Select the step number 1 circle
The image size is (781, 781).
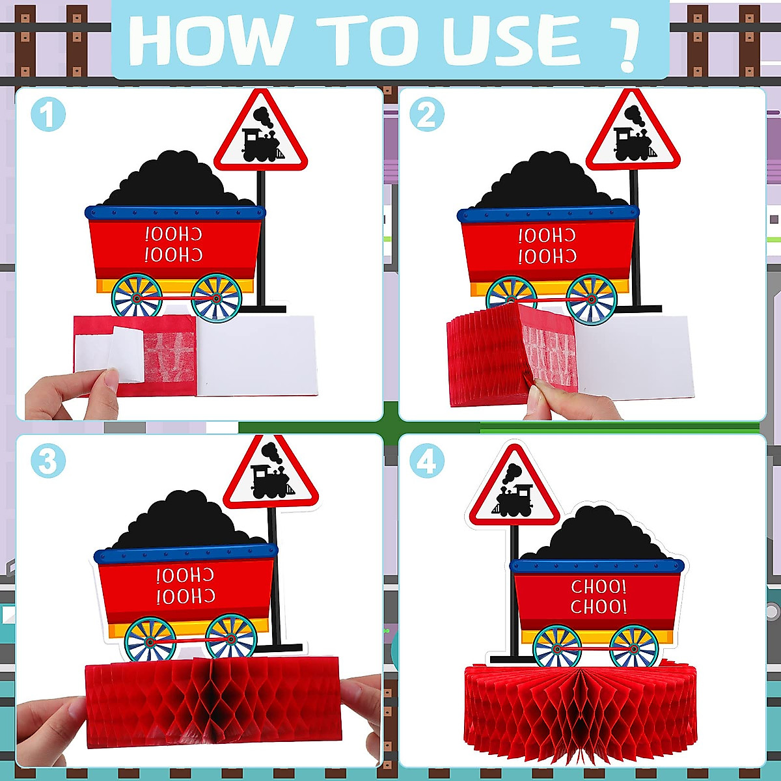(48, 115)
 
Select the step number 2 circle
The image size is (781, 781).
(426, 115)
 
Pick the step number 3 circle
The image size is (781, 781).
(48, 461)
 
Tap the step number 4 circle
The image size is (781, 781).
(426, 461)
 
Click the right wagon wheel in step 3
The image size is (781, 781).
(230, 638)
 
